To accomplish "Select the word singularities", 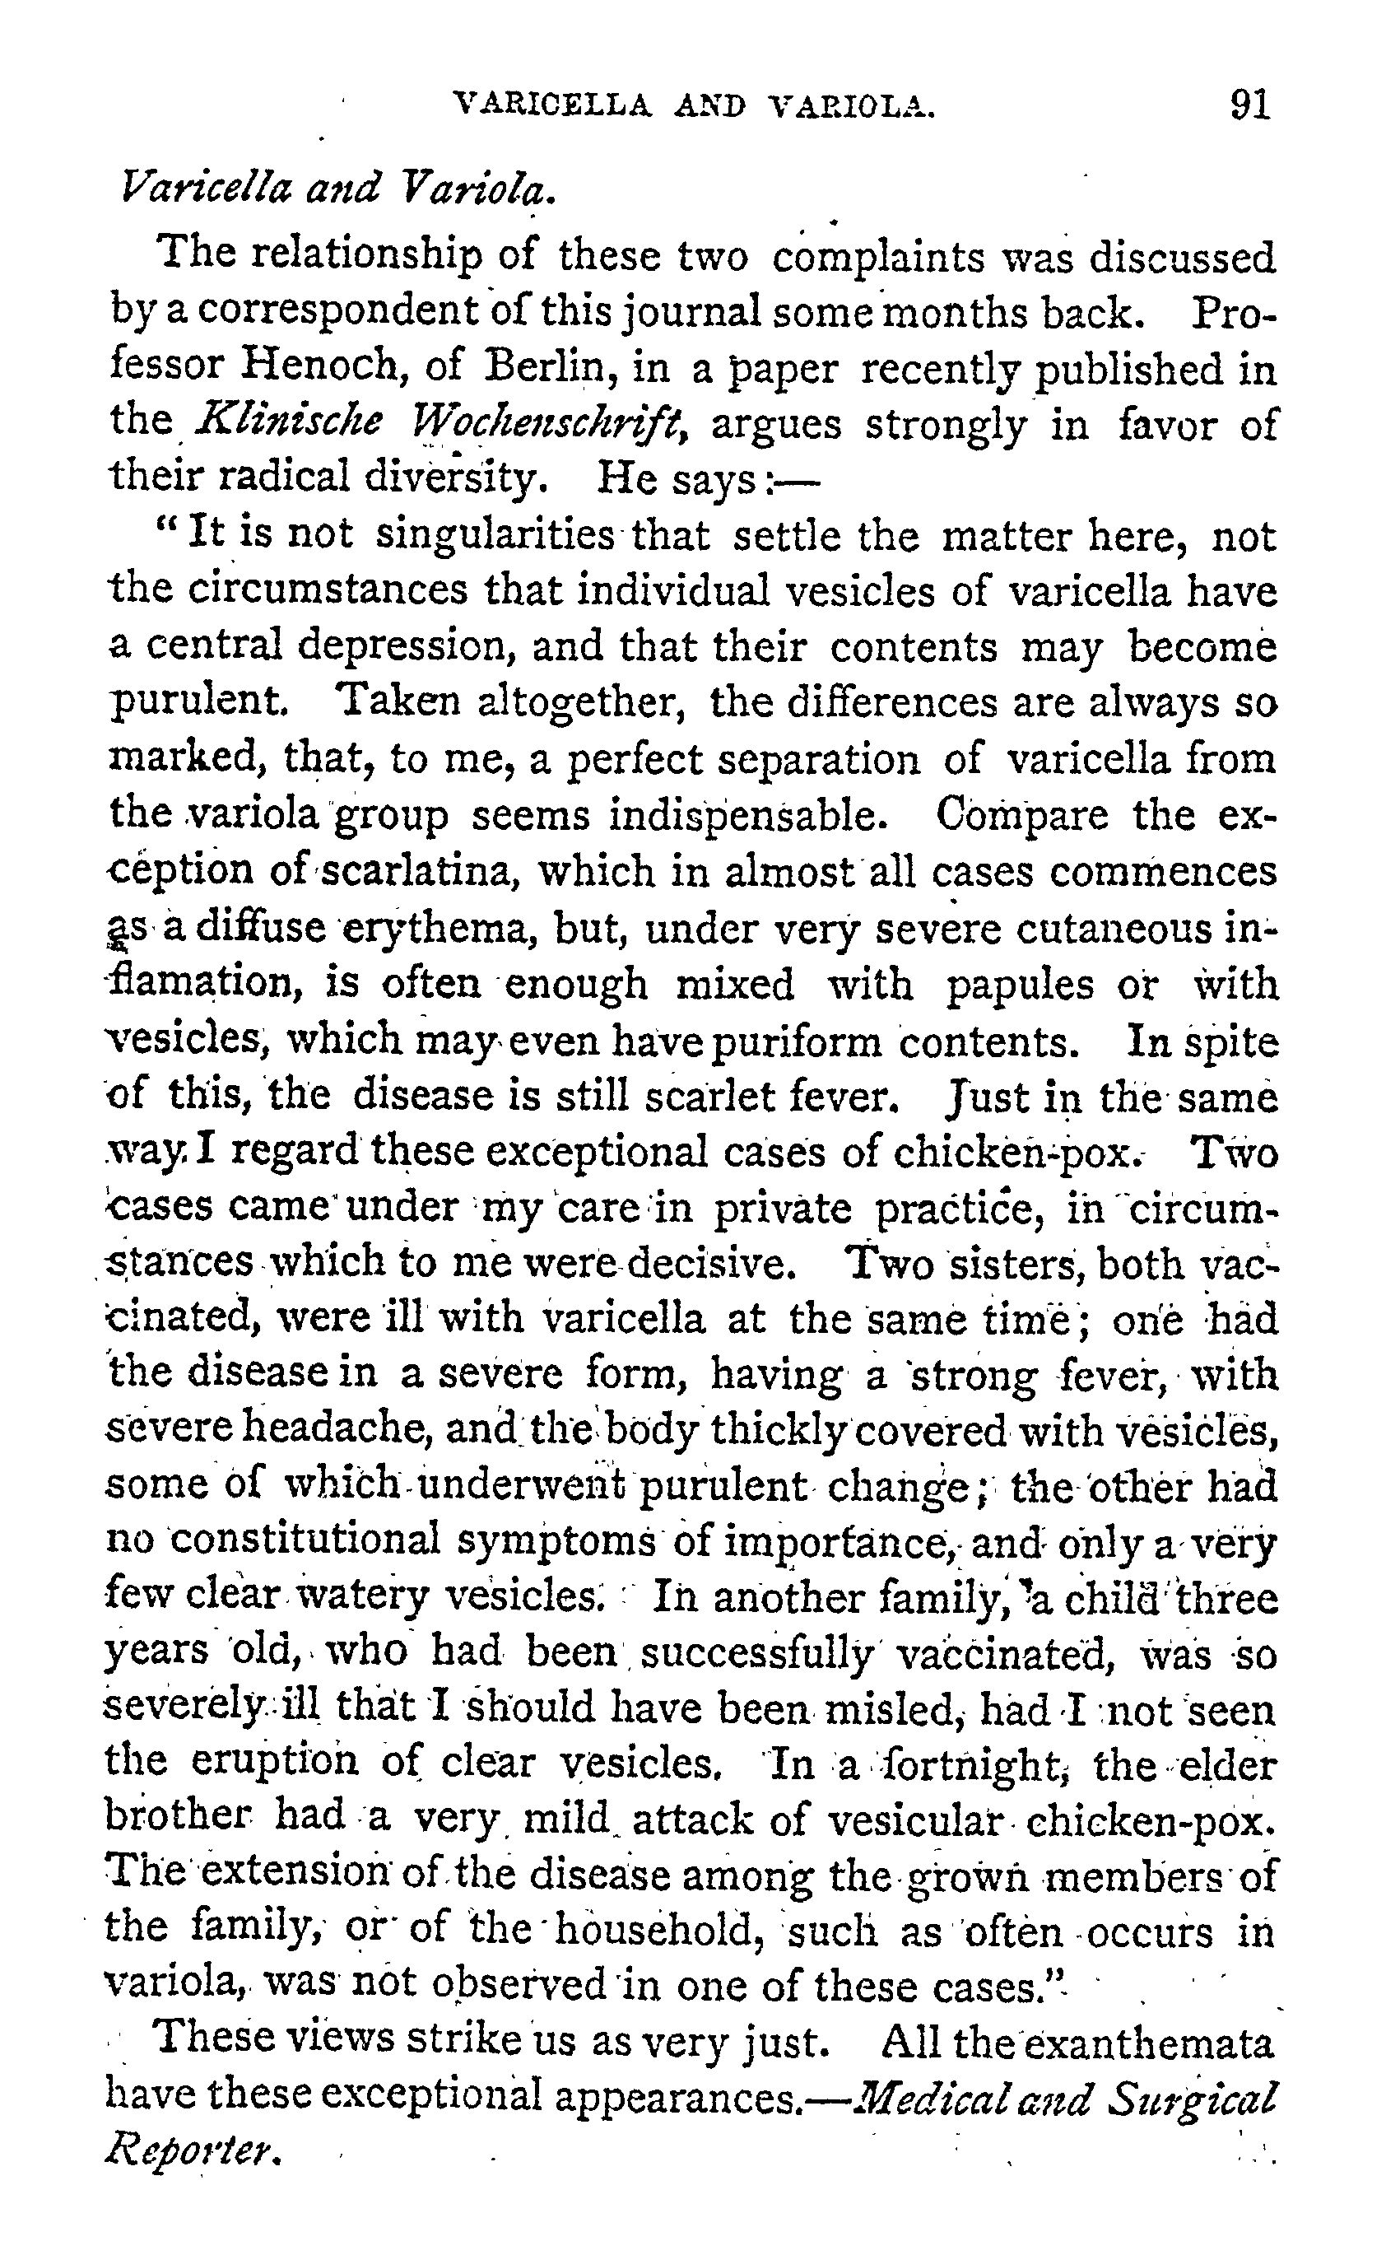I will click(x=496, y=535).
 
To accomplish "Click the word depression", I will click(x=404, y=647).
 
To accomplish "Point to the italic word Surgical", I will click(x=1192, y=2099).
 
